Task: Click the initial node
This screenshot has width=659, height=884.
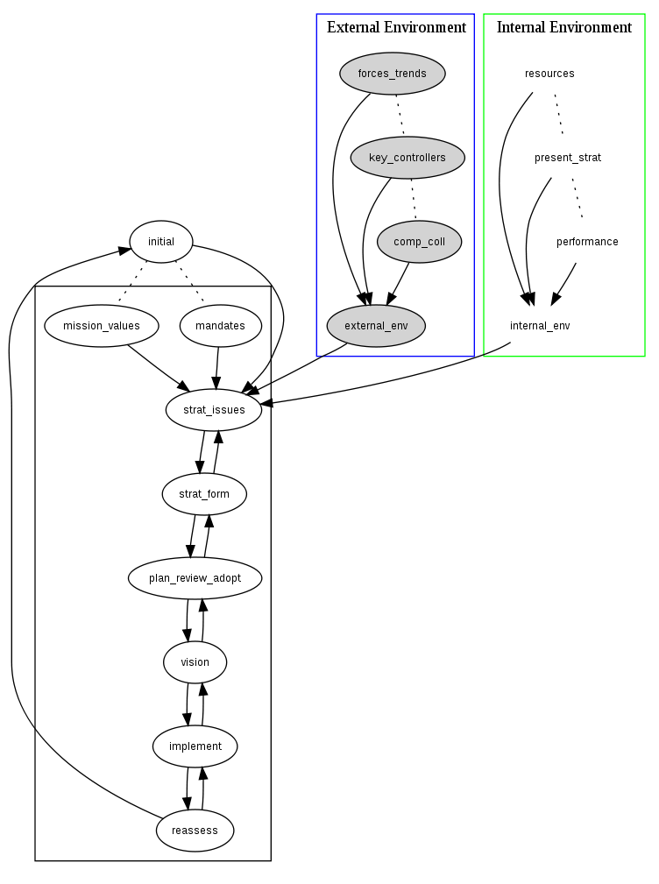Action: coord(161,242)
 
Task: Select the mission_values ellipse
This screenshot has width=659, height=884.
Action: coord(102,326)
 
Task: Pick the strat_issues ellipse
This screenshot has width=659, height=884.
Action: coord(214,410)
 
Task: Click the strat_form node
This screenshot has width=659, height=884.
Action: coord(204,494)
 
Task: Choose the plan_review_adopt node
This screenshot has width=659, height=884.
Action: coord(195,578)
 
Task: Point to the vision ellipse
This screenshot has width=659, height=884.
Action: coord(195,662)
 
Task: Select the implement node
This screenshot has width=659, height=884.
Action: coord(195,746)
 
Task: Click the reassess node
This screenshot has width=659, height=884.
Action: coord(195,831)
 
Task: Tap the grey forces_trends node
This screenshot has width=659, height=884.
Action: coord(393,74)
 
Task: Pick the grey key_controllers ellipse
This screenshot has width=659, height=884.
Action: coord(407,158)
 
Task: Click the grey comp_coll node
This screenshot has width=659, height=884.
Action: coord(419,242)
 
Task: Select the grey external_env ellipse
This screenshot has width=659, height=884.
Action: coord(376,326)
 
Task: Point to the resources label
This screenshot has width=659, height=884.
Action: coord(549,74)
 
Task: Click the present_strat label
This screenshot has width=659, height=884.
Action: coord(568,158)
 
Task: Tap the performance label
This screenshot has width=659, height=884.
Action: coord(587,242)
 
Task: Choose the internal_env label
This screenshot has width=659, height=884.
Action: coord(540,326)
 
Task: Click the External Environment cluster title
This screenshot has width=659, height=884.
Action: coord(396,27)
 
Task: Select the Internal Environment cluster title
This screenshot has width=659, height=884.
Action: coord(564,27)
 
